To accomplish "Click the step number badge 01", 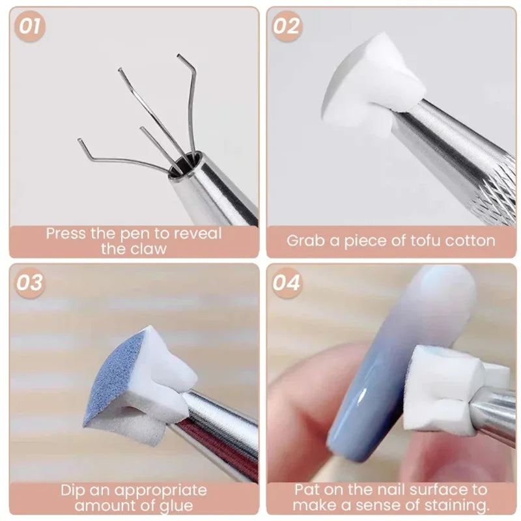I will (x=31, y=27).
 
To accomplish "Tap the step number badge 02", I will (x=287, y=27).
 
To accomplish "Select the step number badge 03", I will (x=31, y=283).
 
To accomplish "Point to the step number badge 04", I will (x=287, y=283).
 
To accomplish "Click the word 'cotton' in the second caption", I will (x=470, y=240).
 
